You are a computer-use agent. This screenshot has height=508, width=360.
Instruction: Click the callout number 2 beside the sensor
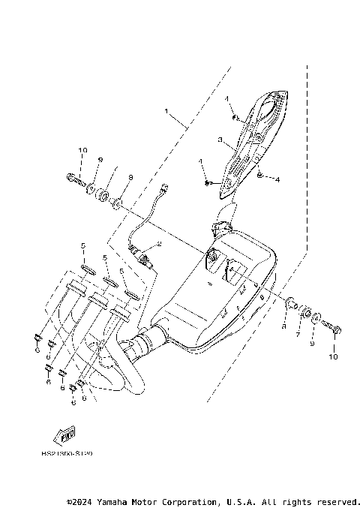point(159,245)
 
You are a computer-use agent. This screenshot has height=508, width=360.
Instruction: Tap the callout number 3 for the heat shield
point(219,139)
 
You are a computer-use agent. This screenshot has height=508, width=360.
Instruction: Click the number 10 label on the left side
point(81,151)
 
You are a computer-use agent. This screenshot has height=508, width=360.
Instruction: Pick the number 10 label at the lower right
point(334,357)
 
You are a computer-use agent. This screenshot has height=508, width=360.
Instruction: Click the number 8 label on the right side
point(284,326)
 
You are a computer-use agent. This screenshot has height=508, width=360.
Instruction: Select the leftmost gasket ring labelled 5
point(86,269)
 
